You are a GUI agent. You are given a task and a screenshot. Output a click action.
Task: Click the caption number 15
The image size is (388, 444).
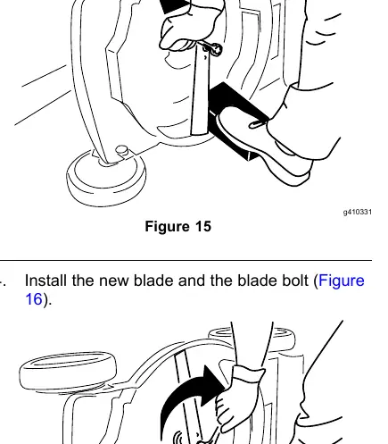pos(203,226)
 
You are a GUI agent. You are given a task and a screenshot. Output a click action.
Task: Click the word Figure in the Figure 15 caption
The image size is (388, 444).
pos(167,227)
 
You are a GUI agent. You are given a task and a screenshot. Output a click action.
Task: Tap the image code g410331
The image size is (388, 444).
pos(358,212)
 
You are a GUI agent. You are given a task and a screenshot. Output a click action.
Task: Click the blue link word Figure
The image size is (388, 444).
pos(342,281)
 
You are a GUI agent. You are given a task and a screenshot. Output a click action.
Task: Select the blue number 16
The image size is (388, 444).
pos(34,298)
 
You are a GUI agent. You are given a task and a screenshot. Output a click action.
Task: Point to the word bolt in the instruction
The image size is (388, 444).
pos(295,281)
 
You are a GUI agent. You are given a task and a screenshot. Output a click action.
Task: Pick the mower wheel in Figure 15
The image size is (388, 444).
pos(106,177)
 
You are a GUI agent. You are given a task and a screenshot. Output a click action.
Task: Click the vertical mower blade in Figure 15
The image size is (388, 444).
pos(200,89)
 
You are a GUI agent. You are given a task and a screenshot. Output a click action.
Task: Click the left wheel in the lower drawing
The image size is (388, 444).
pos(68,370)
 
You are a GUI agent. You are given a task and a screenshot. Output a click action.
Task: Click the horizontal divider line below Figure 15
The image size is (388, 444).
pos(186,260)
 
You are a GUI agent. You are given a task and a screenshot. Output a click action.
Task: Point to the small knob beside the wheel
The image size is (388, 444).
pos(121,150)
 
